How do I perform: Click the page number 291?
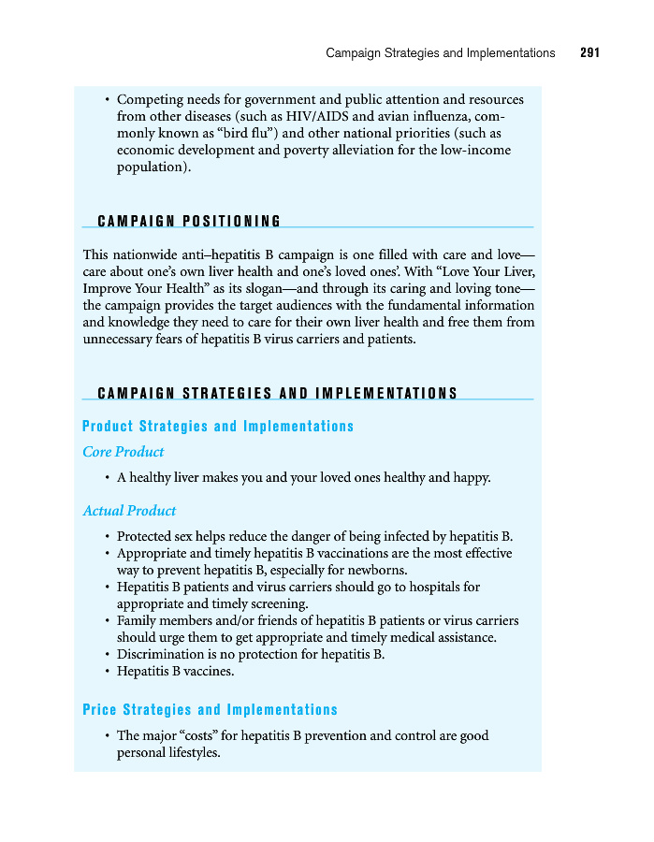589,53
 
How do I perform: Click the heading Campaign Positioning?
189,221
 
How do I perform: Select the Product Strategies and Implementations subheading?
218,427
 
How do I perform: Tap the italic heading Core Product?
124,452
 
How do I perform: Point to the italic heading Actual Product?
129,511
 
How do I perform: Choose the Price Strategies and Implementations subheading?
210,710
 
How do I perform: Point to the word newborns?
379,570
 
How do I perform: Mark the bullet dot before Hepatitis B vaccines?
108,672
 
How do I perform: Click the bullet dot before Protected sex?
108,537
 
